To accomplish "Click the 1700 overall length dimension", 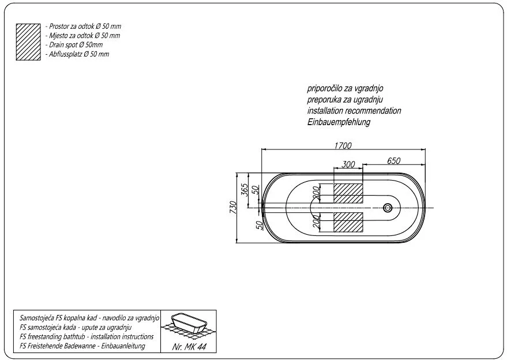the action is (343, 145).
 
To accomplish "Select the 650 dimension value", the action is (393, 161).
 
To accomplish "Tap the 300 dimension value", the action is (348, 164).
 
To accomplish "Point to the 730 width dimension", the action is (233, 207).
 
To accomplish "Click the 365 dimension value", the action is (245, 190).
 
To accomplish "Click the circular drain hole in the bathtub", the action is (388, 208).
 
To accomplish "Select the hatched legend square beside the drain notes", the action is (28, 42).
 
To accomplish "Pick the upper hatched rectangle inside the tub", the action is (348, 193).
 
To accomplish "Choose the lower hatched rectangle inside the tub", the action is (348, 222).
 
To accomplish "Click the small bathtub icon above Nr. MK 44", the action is (189, 324).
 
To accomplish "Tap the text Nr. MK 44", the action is (189, 347).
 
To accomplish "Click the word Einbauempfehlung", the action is (339, 122).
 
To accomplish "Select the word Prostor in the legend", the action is (58, 26).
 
